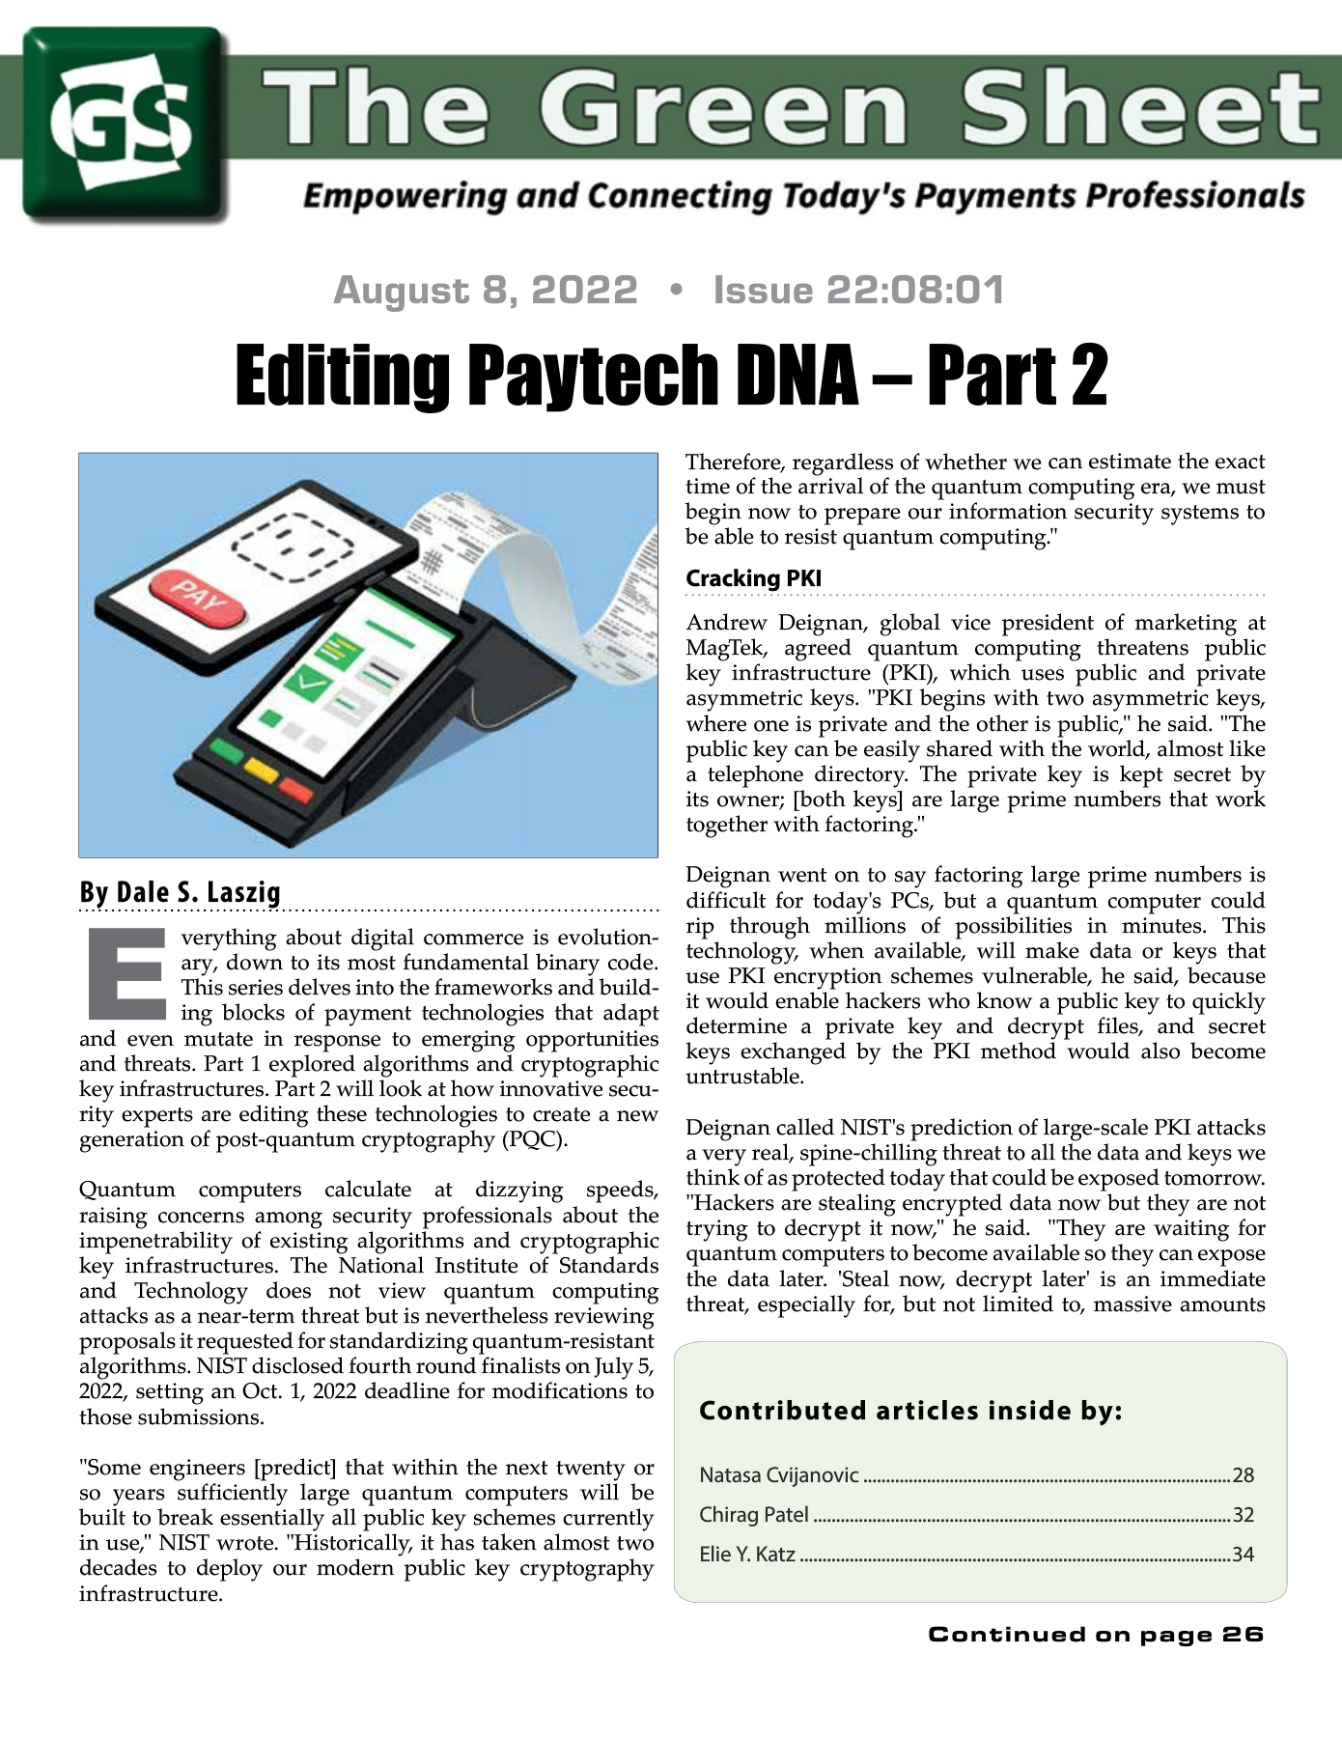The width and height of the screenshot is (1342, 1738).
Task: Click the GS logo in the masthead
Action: (x=125, y=124)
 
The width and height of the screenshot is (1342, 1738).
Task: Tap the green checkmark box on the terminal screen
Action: (x=308, y=686)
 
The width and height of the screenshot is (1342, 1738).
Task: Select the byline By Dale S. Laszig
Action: (x=180, y=892)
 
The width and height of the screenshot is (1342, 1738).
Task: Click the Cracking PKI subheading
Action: (x=753, y=578)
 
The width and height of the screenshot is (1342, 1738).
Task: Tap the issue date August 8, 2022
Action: (x=486, y=290)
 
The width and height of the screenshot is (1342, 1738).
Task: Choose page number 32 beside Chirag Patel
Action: (x=1243, y=1515)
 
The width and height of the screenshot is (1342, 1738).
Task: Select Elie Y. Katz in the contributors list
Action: (x=747, y=1555)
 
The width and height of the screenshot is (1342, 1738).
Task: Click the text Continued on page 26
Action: (x=1096, y=1635)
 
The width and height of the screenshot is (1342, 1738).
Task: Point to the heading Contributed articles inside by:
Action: (x=910, y=1411)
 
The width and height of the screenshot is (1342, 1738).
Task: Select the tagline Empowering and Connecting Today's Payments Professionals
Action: (x=803, y=196)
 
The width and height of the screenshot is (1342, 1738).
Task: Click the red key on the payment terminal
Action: (x=296, y=792)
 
